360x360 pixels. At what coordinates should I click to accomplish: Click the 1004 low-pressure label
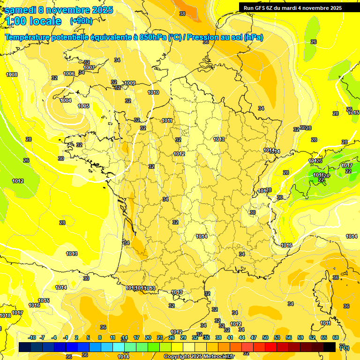66,100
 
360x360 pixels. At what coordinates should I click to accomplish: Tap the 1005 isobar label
83,106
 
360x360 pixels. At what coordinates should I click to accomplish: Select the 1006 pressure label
69,74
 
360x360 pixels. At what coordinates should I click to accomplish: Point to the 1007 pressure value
89,68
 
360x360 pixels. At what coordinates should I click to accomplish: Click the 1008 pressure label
12,75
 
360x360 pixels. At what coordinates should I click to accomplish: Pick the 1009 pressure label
130,83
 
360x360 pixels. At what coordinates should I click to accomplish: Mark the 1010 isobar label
153,92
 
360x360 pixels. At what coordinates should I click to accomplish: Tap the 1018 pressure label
5,316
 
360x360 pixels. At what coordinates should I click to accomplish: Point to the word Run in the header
249,8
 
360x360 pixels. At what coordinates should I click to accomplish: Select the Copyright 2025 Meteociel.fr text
199,356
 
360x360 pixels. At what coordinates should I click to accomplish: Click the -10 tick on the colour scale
32,337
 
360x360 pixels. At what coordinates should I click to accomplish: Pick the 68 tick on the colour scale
336,337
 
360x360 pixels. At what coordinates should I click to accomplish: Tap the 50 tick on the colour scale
265,337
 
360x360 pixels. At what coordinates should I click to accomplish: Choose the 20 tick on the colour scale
148,337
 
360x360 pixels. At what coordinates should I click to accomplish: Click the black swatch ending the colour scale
330,347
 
